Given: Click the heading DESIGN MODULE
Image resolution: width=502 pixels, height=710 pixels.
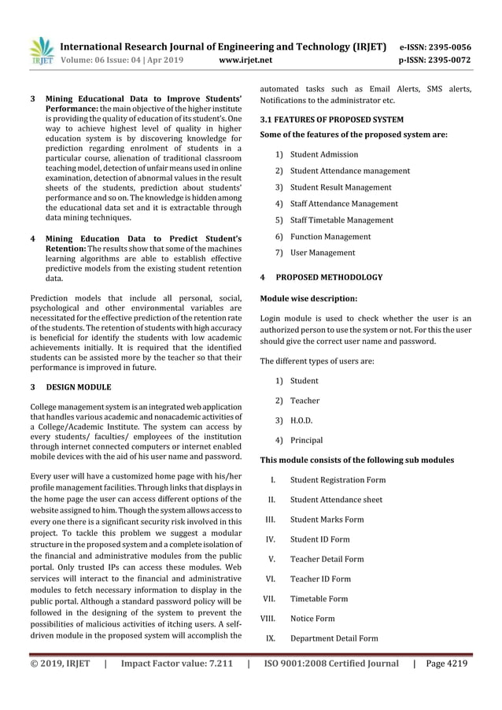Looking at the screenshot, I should [x=79, y=387].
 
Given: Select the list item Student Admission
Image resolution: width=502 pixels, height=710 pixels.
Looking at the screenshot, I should [x=323, y=154].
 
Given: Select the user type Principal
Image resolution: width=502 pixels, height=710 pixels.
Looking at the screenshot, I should [x=306, y=440].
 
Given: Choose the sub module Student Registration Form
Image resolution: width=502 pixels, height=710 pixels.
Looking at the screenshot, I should [x=338, y=480].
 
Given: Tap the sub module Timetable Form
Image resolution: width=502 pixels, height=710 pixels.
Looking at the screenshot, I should [x=319, y=599].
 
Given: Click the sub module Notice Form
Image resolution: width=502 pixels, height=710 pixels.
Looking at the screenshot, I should [x=312, y=619].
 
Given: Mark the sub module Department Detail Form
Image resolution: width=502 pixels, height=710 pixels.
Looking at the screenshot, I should [x=334, y=638].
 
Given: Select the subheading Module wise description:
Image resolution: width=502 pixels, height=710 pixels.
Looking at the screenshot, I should [x=308, y=299].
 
